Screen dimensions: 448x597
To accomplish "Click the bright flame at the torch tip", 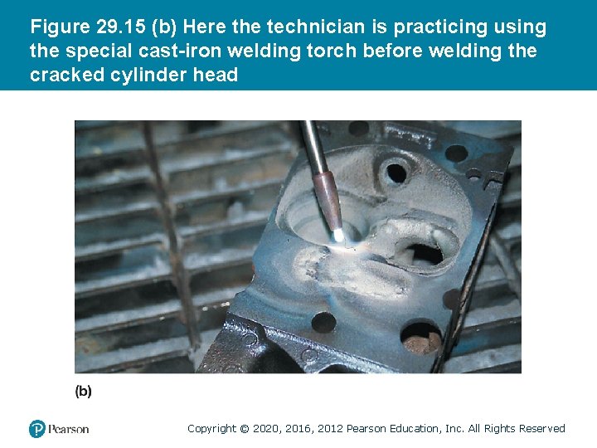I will pyautogui.click(x=340, y=236).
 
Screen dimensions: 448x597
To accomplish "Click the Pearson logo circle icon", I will pyautogui.click(x=37, y=429).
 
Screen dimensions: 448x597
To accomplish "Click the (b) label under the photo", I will pyautogui.click(x=84, y=391).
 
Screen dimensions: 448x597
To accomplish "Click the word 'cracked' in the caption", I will pyautogui.click(x=65, y=75).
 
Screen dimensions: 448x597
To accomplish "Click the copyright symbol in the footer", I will pyautogui.click(x=244, y=429).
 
